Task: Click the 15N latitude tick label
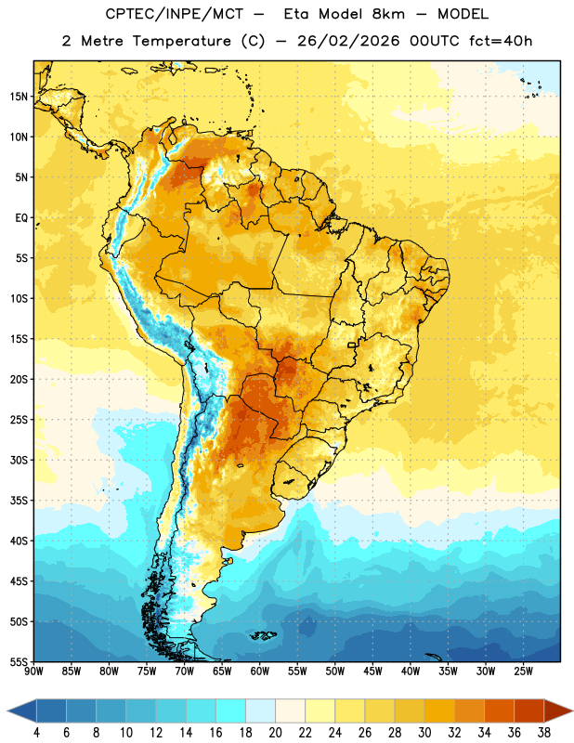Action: point(19,97)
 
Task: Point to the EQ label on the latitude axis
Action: point(21,218)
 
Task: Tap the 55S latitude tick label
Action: point(19,661)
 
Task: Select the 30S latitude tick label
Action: point(19,460)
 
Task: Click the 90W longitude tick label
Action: point(33,671)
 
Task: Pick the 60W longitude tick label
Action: point(260,671)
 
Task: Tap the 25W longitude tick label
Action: point(523,671)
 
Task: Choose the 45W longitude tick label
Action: point(372,671)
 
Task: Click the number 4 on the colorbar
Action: point(36,733)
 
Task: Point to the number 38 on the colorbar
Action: point(543,733)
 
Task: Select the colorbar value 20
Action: point(275,733)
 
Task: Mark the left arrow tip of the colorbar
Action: point(7,710)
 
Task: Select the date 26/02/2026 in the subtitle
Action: point(349,41)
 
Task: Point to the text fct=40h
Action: point(501,41)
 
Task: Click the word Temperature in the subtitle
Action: point(181,41)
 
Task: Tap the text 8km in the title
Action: point(388,14)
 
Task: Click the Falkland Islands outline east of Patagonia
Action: point(263,635)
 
